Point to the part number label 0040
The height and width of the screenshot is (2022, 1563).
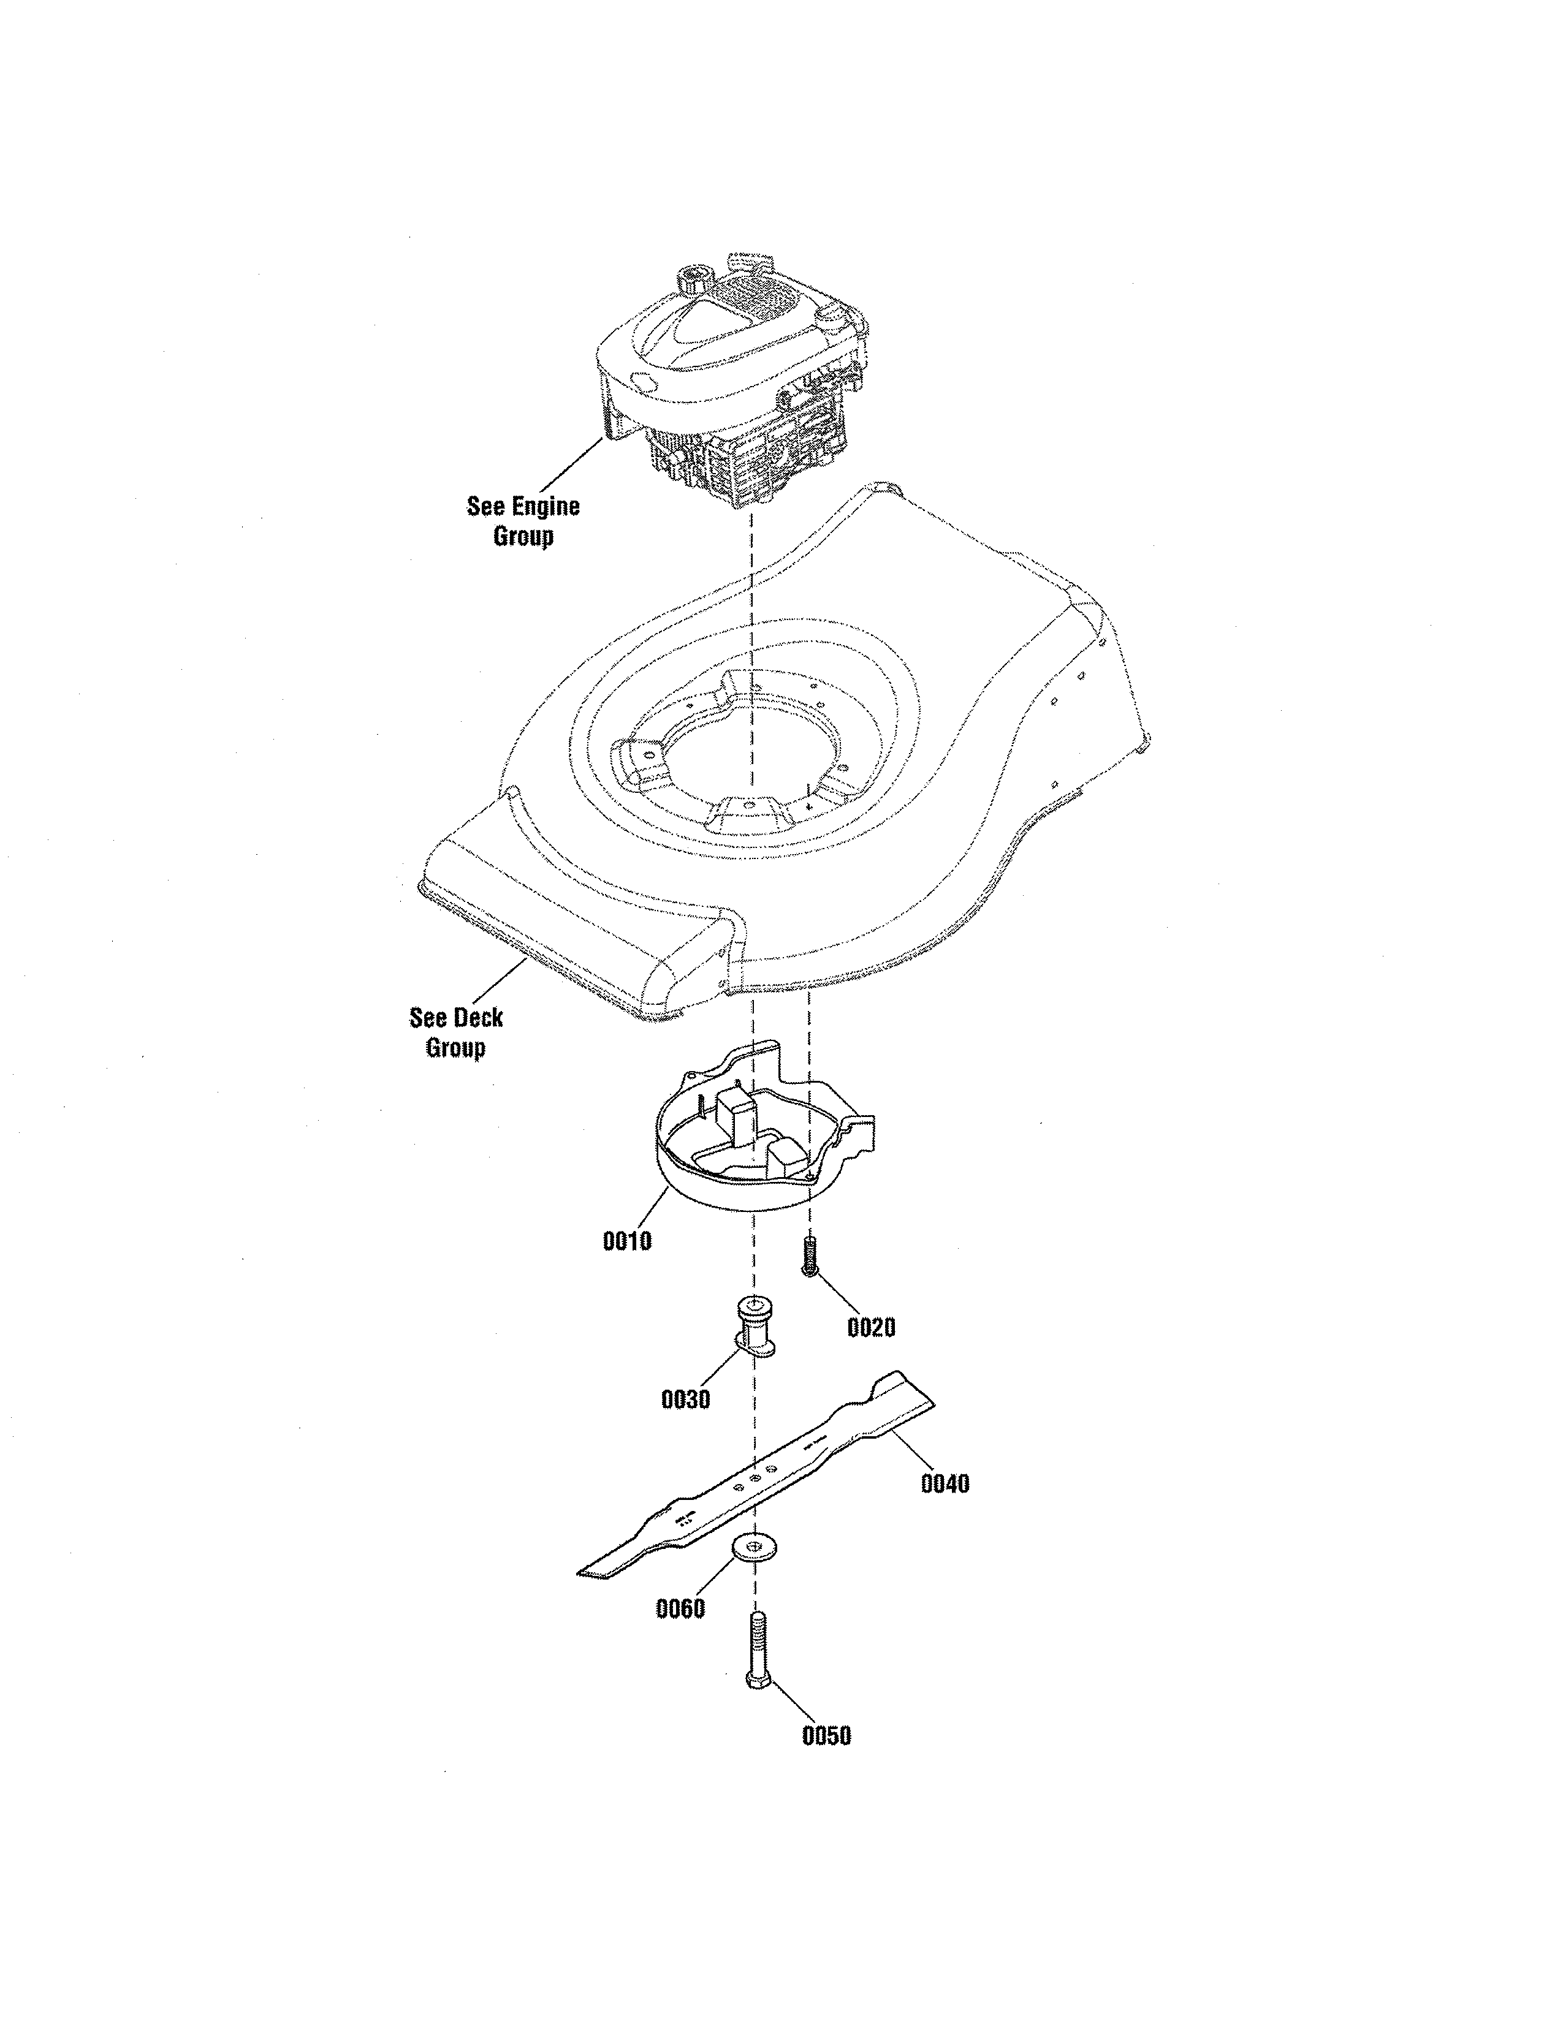[945, 1484]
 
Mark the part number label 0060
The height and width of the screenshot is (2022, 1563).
[680, 1609]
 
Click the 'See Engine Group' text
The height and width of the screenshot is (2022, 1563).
[523, 520]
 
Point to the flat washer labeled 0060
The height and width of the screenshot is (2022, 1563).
[755, 1545]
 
